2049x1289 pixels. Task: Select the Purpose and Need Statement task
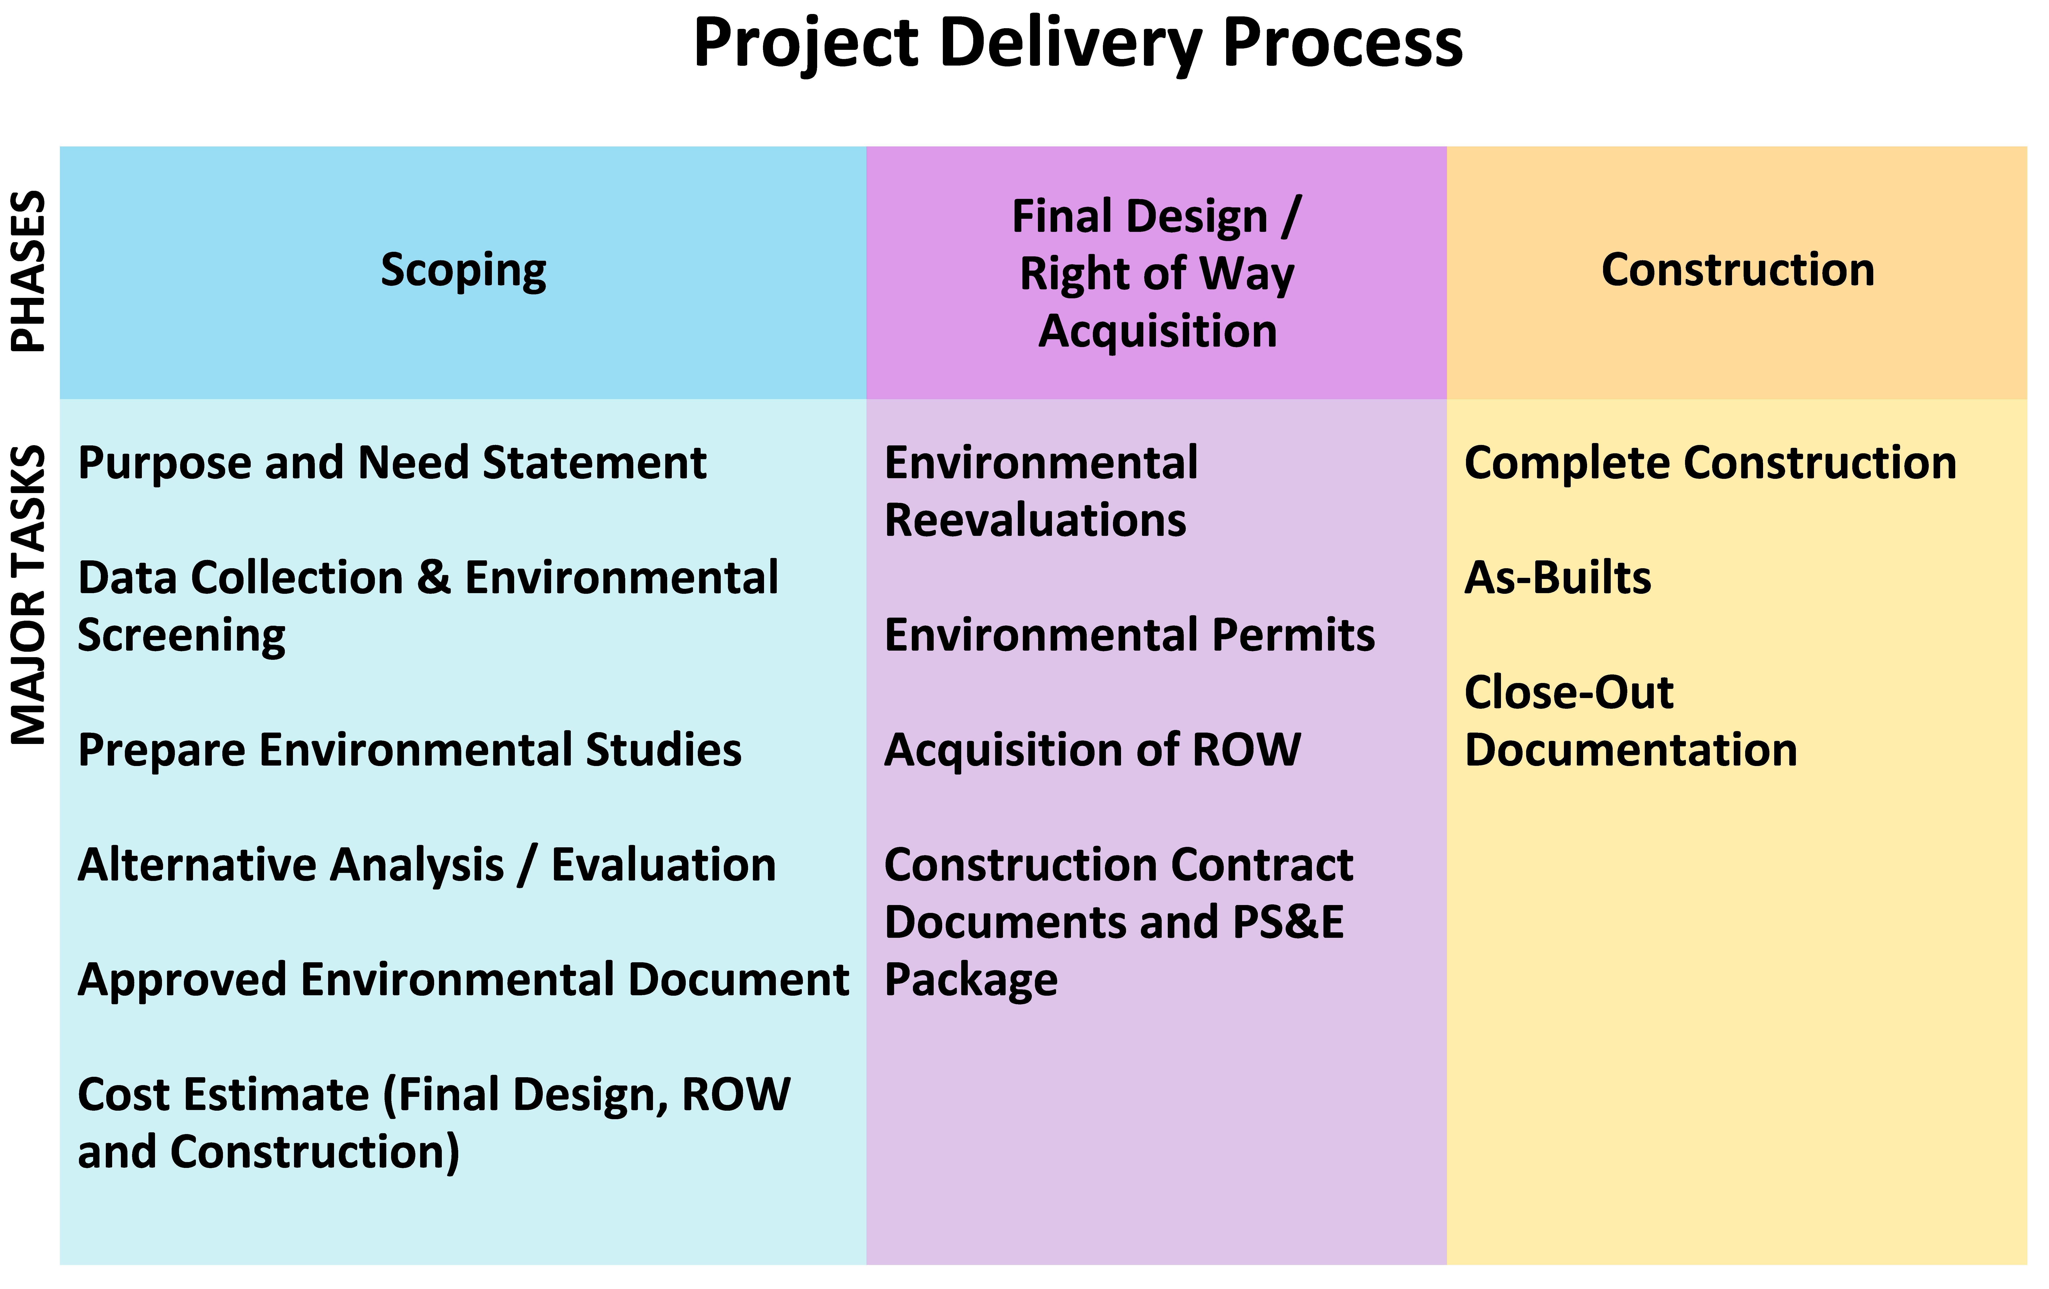[x=392, y=464]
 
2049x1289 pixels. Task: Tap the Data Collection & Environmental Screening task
[x=428, y=607]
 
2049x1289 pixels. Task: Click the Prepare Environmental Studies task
[x=409, y=750]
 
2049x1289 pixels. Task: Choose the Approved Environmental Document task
[x=463, y=980]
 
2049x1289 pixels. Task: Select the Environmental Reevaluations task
[x=1041, y=492]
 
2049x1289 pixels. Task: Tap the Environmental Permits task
[x=1129, y=636]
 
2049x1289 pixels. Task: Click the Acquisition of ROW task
[x=1093, y=750]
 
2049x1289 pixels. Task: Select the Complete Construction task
[x=1710, y=464]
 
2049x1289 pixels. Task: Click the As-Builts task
[x=1557, y=578]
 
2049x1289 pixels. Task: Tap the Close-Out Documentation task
[x=1630, y=721]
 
